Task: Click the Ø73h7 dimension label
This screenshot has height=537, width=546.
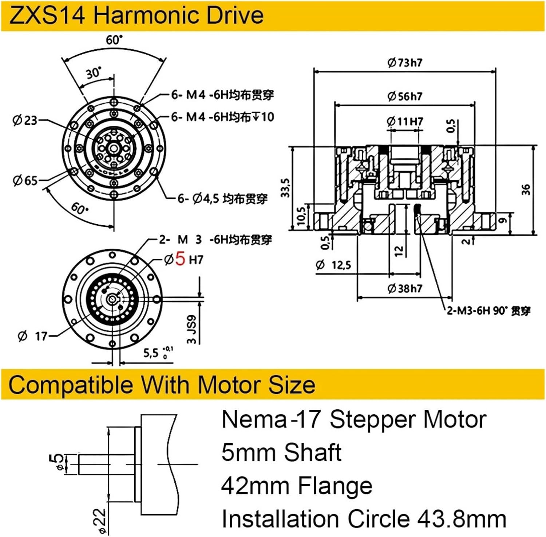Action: pyautogui.click(x=405, y=63)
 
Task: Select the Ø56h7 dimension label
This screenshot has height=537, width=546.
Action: pyautogui.click(x=405, y=96)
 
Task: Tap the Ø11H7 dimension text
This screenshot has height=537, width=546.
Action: pyautogui.click(x=405, y=121)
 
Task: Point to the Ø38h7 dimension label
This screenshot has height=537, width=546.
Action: pyautogui.click(x=405, y=288)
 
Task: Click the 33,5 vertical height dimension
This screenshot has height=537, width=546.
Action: pyautogui.click(x=286, y=188)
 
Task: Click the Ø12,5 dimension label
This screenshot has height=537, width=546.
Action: pyautogui.click(x=333, y=265)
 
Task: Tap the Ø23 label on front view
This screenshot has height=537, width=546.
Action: pyautogui.click(x=25, y=120)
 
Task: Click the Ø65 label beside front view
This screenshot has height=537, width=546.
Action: pyautogui.click(x=25, y=180)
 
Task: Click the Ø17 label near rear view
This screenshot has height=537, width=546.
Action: pyautogui.click(x=33, y=336)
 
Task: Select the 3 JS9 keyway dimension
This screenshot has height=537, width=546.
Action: pyautogui.click(x=191, y=329)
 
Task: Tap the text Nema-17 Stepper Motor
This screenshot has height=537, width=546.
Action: pyautogui.click(x=353, y=419)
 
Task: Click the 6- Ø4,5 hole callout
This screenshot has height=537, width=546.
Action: pyautogui.click(x=222, y=199)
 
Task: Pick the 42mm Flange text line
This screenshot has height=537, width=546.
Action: pyautogui.click(x=297, y=486)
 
